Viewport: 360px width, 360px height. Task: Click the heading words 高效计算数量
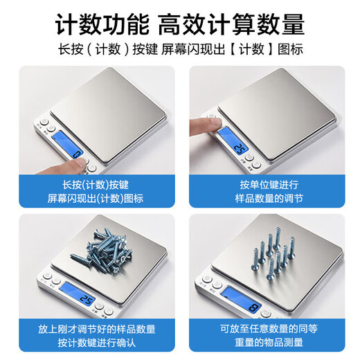point(231,25)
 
